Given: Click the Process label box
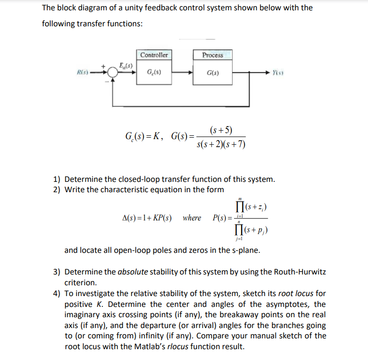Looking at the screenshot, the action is click(x=212, y=55).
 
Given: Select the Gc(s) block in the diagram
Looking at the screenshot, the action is click(x=154, y=73).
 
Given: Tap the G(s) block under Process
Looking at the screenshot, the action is click(x=212, y=73).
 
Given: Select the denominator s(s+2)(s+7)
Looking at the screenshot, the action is click(x=221, y=143).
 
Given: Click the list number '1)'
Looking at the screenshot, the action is click(x=57, y=179).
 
